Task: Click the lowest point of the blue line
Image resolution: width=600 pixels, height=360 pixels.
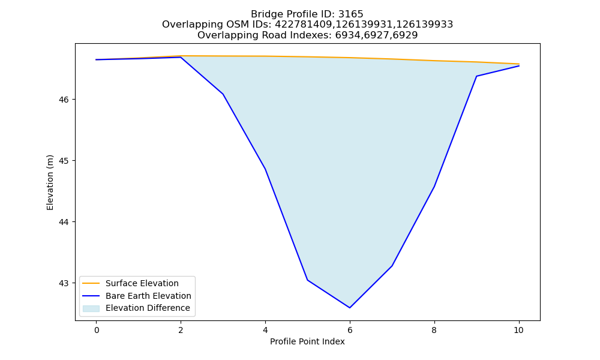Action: coord(350,308)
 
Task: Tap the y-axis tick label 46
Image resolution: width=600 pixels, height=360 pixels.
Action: coord(64,100)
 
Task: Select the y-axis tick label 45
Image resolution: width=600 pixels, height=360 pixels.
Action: coord(64,161)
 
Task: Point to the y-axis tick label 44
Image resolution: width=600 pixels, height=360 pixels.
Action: coord(64,222)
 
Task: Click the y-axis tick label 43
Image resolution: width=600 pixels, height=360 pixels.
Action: coord(64,283)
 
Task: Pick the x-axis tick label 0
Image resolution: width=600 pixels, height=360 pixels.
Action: coord(97,330)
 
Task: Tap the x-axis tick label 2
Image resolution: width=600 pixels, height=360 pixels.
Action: coord(181,330)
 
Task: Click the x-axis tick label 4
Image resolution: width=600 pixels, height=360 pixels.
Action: coord(265,330)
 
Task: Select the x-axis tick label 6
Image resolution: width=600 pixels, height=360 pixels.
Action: coord(350,330)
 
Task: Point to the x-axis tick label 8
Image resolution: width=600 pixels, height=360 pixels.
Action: coord(434,330)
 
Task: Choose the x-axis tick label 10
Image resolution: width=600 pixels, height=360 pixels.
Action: coord(518,330)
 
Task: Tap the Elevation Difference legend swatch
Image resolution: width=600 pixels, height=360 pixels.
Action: coord(91,308)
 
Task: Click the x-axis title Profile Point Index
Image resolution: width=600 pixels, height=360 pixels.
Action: coord(307,341)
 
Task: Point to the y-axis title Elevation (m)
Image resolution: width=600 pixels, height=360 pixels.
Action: coord(50,182)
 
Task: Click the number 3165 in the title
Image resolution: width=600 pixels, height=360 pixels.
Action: coord(350,14)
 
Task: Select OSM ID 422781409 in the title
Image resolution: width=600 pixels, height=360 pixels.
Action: coord(304,25)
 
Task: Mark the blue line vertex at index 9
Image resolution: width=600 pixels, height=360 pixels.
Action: coord(476,76)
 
